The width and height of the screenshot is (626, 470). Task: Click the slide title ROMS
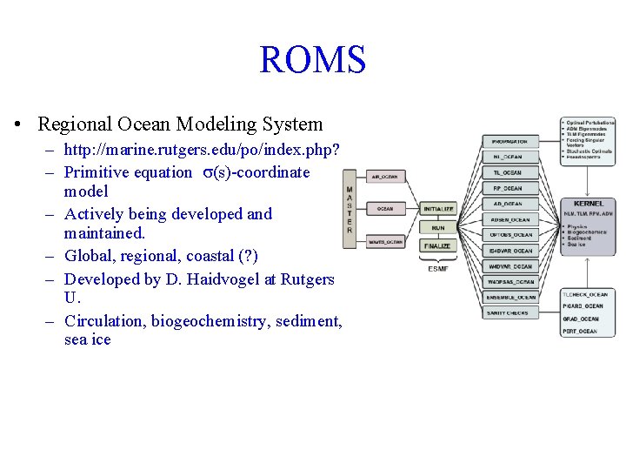pos(312,60)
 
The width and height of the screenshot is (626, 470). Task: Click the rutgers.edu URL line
pos(202,150)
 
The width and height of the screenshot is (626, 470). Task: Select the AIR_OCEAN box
pos(384,177)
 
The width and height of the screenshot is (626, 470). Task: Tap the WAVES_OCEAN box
pos(384,241)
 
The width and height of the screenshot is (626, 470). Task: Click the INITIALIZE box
pos(438,209)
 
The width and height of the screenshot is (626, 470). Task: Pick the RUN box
pos(438,227)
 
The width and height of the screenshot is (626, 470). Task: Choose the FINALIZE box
pos(438,246)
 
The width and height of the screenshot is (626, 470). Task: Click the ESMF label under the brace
pos(438,268)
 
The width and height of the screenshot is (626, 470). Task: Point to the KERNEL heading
pos(589,204)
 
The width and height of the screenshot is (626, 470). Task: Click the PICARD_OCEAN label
pos(583,306)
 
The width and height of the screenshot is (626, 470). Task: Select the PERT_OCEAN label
pos(580,331)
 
